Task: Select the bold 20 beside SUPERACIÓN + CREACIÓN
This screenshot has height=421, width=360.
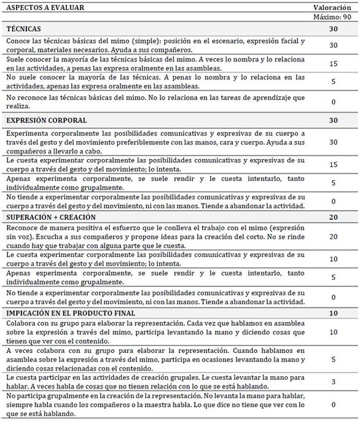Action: tap(333, 217)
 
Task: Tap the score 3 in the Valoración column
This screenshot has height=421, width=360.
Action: tap(333, 382)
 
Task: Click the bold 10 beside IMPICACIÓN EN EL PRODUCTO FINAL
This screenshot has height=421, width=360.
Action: tap(333, 314)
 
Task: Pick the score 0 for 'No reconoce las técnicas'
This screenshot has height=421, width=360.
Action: tap(333, 102)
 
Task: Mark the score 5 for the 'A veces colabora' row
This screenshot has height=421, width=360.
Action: tap(333, 359)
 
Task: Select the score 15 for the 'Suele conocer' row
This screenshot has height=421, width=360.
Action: tap(333, 64)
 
